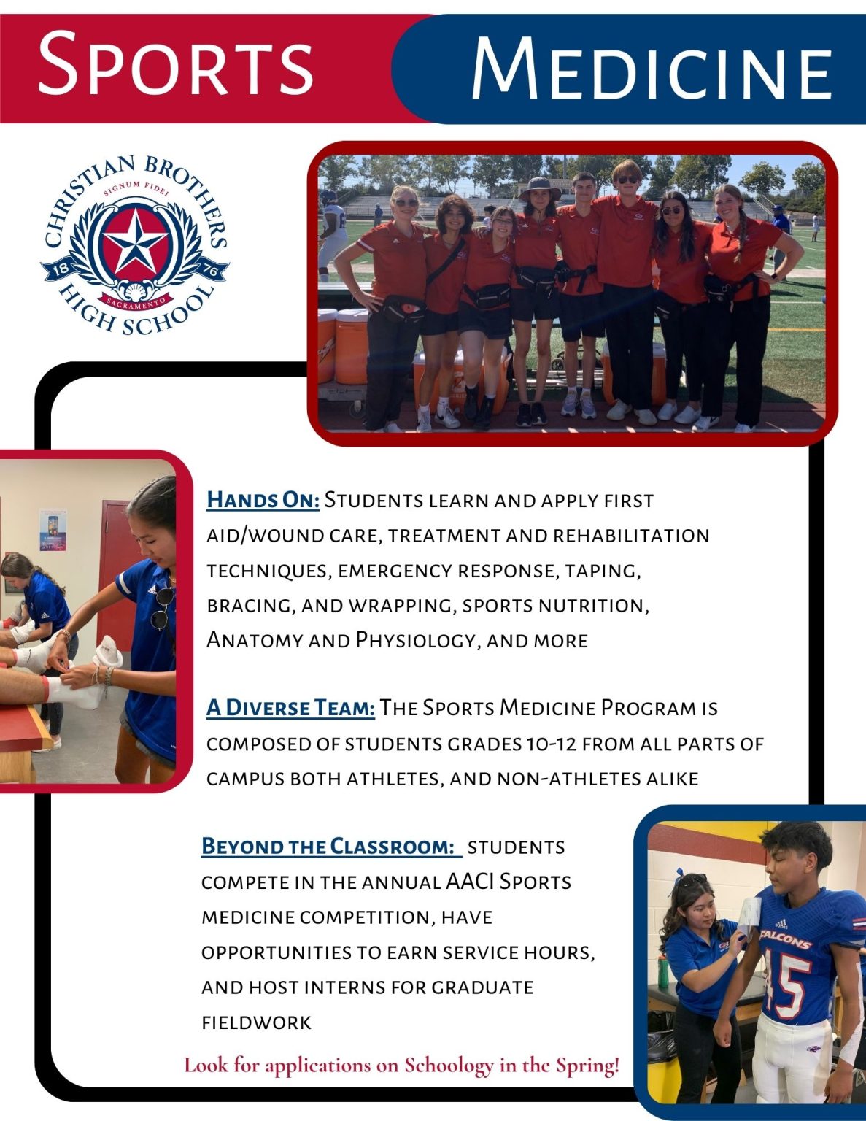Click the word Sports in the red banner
(x=175, y=63)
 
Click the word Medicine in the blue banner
(x=651, y=69)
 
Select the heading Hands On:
(x=263, y=501)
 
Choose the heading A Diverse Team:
(x=290, y=708)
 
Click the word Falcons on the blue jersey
(x=785, y=939)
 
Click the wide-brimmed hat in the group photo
(x=539, y=189)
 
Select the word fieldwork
(x=256, y=1022)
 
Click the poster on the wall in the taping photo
(x=53, y=529)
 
